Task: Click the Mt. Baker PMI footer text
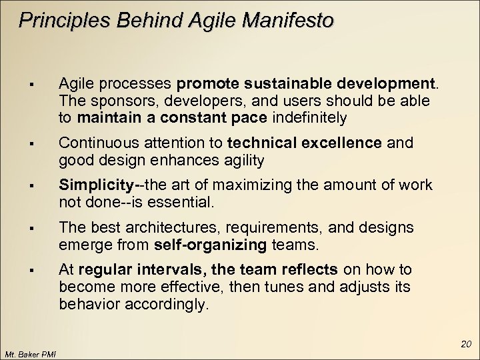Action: [29, 353]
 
